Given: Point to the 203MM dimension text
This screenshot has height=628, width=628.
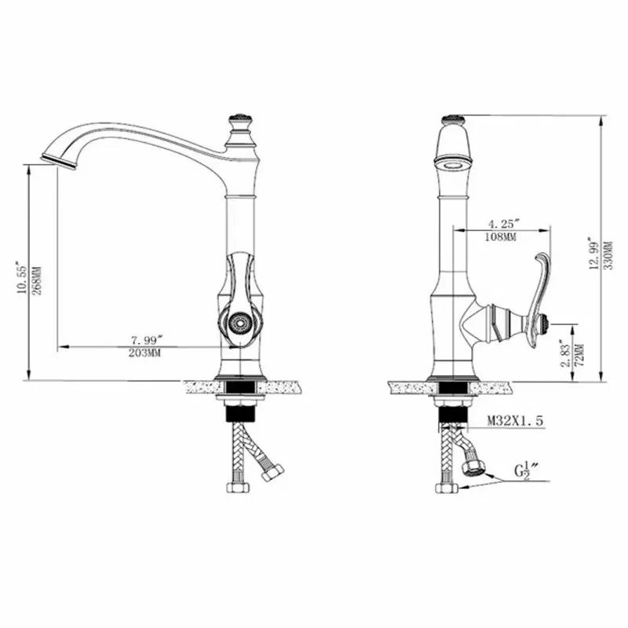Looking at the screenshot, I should tap(147, 352).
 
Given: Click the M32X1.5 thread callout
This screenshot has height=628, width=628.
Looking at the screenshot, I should tap(514, 422).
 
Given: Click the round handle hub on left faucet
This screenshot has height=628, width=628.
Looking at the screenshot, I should tap(238, 321).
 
